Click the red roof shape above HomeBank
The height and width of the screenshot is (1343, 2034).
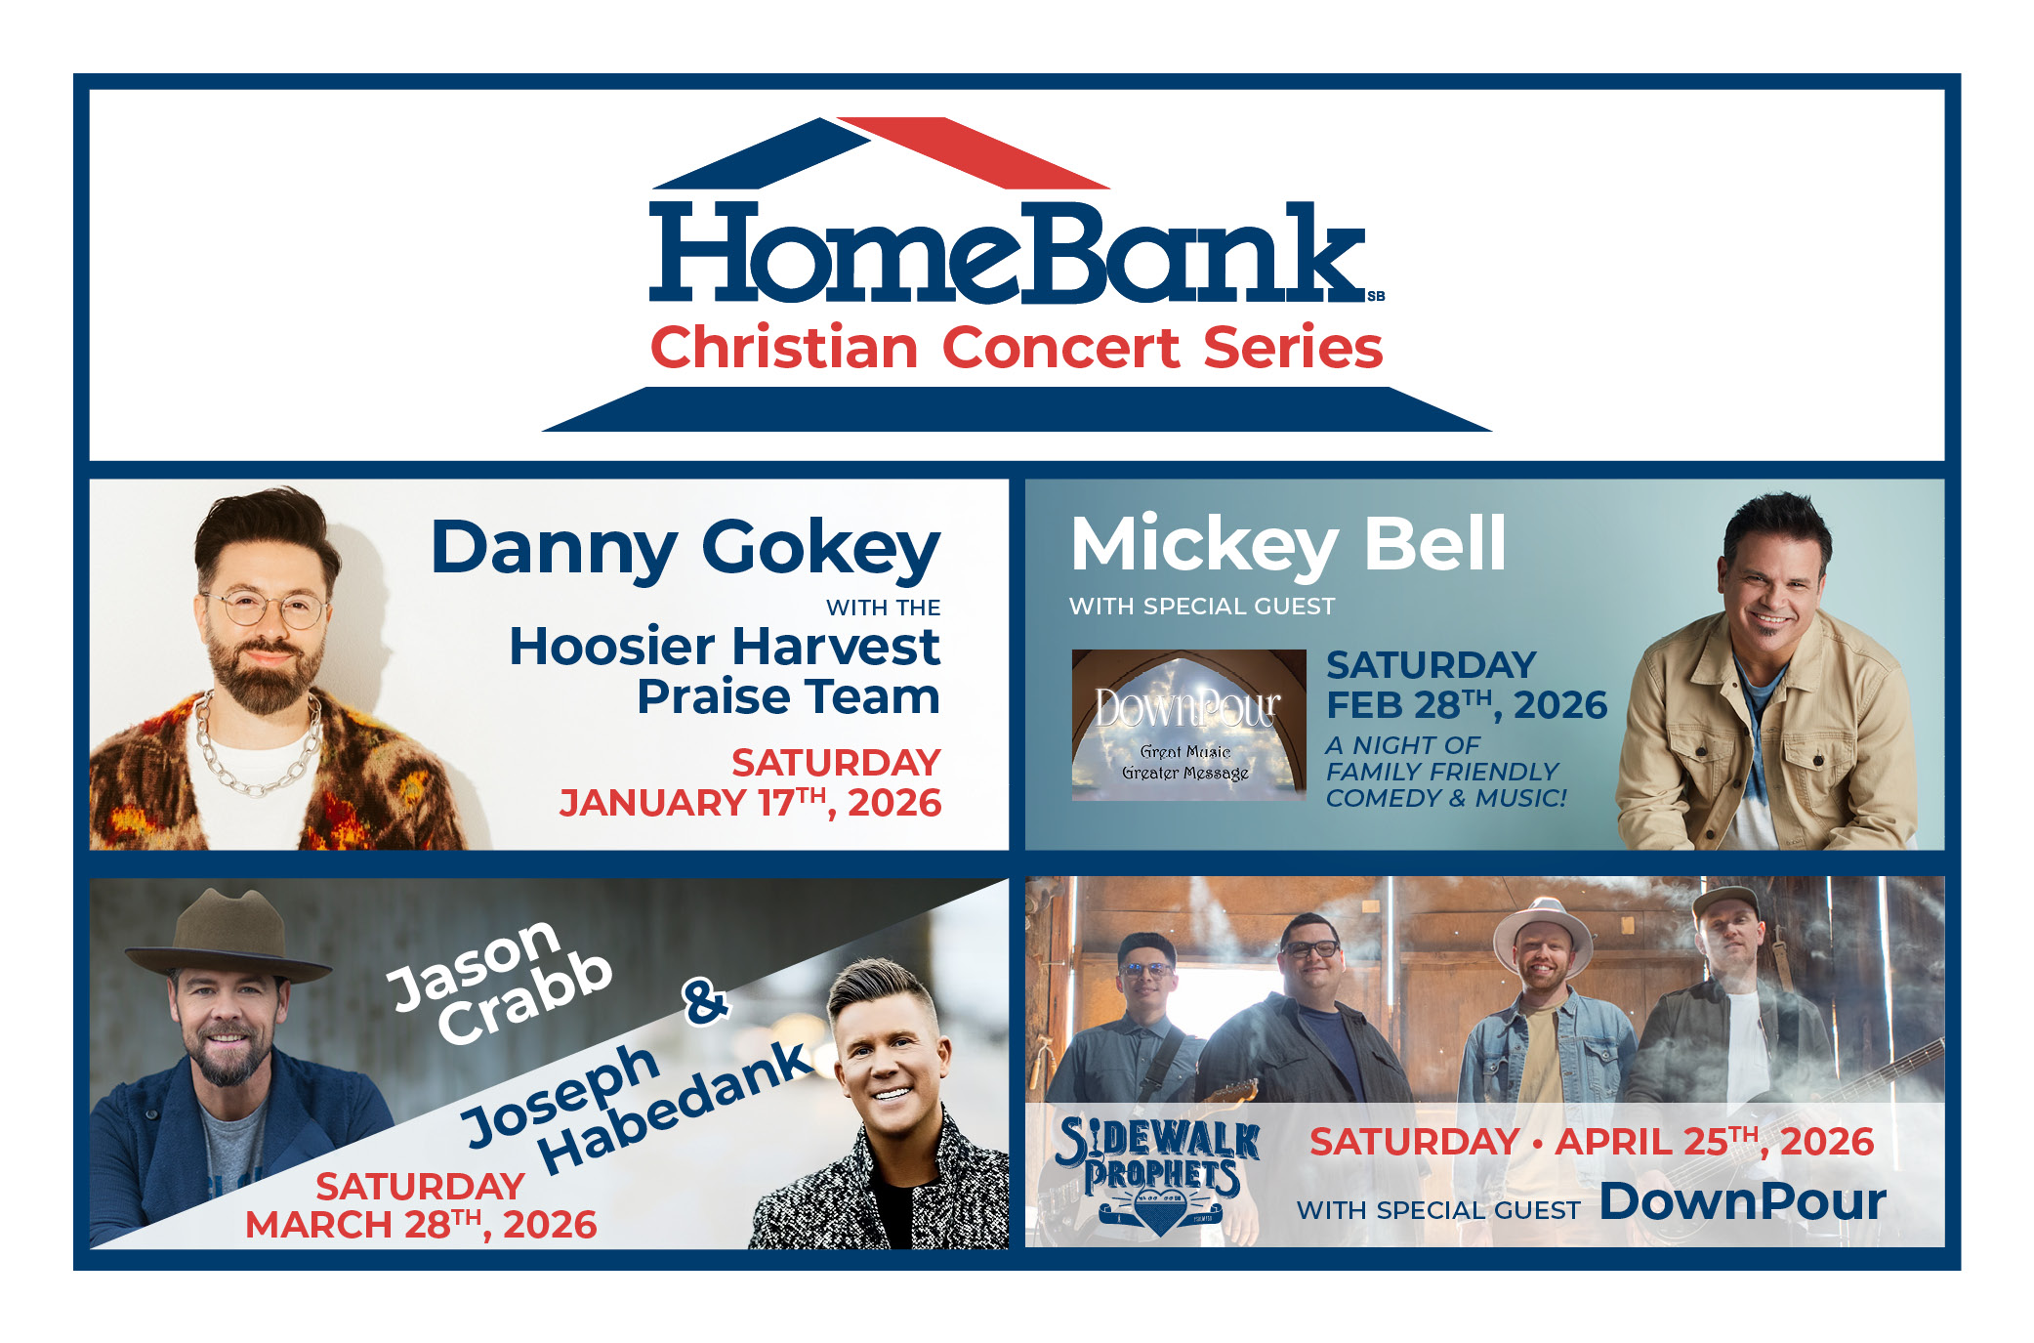click(x=974, y=152)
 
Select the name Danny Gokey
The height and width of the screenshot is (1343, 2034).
click(x=685, y=549)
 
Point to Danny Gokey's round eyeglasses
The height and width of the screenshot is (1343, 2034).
click(x=264, y=608)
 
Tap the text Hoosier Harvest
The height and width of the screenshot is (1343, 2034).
click(x=725, y=647)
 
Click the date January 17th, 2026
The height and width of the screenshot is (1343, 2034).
click(x=750, y=803)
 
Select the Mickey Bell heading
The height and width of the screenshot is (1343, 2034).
click(x=1288, y=545)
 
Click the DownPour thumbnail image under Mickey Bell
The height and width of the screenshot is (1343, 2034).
click(x=1188, y=725)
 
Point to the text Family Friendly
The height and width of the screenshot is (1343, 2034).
click(x=1442, y=772)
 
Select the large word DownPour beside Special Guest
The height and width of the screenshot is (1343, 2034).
click(x=1743, y=1201)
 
